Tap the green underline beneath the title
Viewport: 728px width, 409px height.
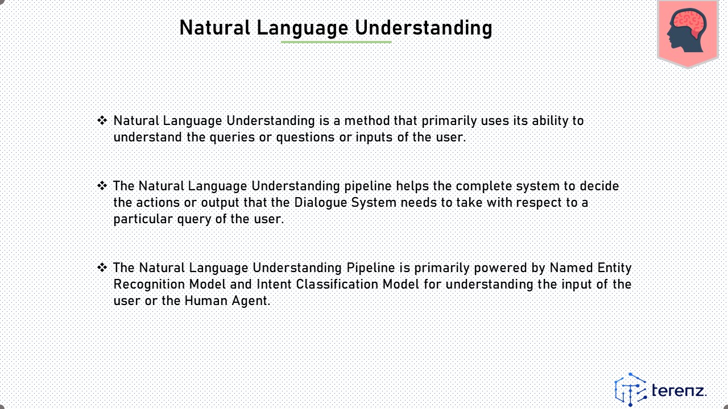(x=336, y=42)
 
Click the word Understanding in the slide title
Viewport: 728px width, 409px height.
(x=424, y=28)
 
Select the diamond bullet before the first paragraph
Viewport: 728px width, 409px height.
(x=102, y=120)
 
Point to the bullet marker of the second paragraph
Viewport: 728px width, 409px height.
(x=102, y=186)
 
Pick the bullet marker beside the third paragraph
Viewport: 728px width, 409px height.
(x=102, y=268)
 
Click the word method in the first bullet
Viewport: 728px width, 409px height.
(x=367, y=121)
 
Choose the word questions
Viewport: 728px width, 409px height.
(x=305, y=137)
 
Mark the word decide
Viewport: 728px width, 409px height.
(x=599, y=186)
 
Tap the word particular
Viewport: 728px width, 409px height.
(x=143, y=219)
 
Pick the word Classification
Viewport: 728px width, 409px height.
(x=337, y=285)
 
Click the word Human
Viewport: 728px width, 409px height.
(x=206, y=301)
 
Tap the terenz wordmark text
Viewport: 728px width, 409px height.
(x=679, y=390)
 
